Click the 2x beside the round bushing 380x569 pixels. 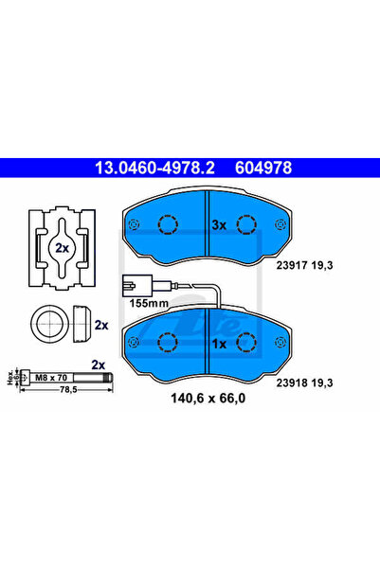click(100, 324)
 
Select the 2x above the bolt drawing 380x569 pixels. click(98, 364)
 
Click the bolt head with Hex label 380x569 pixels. click(16, 378)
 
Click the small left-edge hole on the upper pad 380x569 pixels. click(133, 224)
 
